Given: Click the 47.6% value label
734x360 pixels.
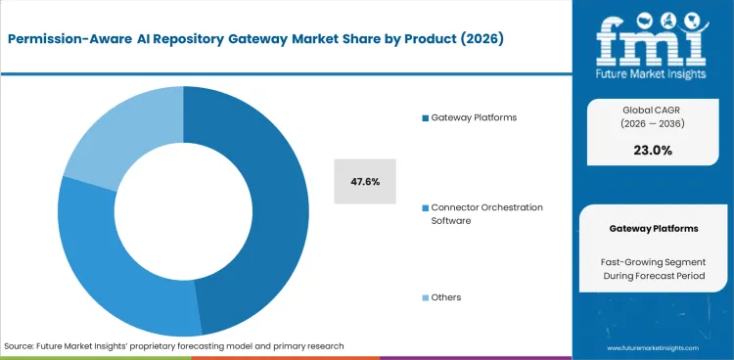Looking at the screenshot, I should pos(365,182).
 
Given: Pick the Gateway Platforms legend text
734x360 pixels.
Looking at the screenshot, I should pos(475,117).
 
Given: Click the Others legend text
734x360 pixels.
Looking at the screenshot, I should pos(445,296).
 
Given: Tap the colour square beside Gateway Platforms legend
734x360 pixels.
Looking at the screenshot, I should pos(425,118).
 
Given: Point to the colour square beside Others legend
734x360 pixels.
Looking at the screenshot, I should pos(425,297).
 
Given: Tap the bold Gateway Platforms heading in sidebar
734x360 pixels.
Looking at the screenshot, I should pos(654,228).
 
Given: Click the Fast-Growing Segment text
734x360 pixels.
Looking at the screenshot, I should pos(654,261).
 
